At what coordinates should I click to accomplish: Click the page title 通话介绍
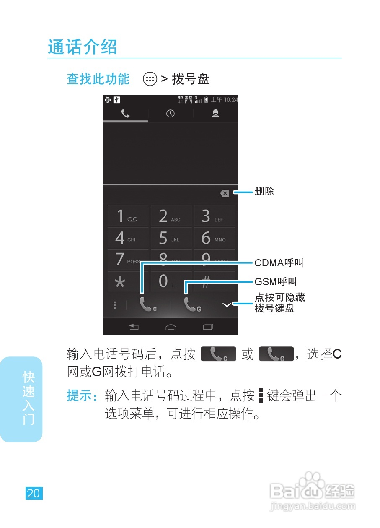pos(82,47)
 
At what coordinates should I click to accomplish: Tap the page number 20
pos(34,493)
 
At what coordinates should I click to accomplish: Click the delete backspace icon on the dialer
pos(225,193)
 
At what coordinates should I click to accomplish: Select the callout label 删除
pos(264,192)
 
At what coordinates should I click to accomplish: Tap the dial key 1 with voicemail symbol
pos(128,216)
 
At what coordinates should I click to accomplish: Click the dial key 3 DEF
pos(214,216)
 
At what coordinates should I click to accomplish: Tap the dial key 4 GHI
pos(128,239)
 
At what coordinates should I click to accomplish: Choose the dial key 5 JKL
pos(171,239)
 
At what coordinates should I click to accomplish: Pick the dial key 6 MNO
pos(214,239)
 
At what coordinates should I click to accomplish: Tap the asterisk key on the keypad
pos(120,282)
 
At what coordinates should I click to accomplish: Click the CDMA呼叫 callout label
pos(279,263)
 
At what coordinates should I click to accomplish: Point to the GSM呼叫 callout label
pos(275,281)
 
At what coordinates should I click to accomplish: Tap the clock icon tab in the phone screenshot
pos(171,114)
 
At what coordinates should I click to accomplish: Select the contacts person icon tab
pos(215,114)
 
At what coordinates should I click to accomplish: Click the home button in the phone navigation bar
pos(171,327)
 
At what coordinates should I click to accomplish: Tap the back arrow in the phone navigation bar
pos(134,327)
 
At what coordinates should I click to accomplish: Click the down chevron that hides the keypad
pos(227,305)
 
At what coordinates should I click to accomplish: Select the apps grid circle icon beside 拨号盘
pos(150,79)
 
